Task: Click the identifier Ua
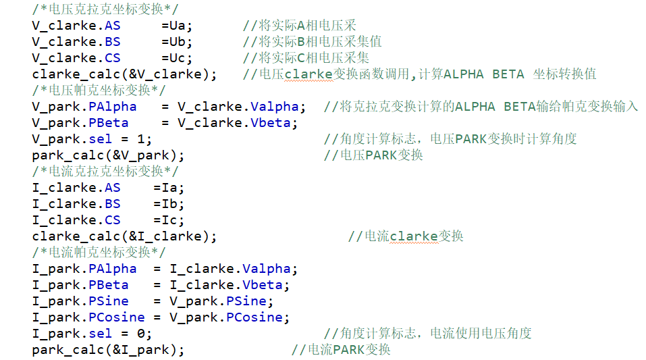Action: point(178,26)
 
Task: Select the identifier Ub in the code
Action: point(178,42)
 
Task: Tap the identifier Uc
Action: point(178,58)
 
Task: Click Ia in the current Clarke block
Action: point(169,188)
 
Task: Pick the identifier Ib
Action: point(169,204)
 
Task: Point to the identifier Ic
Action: point(169,220)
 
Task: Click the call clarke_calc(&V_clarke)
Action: point(124,74)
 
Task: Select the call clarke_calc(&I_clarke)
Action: point(124,236)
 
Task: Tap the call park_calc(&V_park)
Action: point(108,155)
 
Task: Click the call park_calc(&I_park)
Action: point(108,350)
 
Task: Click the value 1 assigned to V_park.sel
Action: point(141,139)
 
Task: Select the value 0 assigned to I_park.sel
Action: point(141,334)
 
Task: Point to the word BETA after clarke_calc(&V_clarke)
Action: point(508,74)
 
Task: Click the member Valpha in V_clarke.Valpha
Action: point(274,107)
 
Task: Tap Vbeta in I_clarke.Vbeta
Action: point(262,285)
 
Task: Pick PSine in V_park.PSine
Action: point(246,301)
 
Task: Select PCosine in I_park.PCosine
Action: point(117,317)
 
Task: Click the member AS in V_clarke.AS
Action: point(113,26)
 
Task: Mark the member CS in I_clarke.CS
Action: point(113,220)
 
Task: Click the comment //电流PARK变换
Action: point(341,350)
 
